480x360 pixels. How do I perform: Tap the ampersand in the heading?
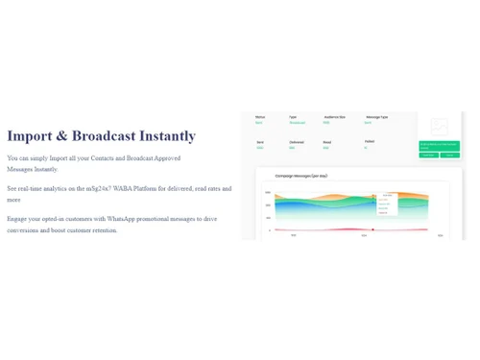pyautogui.click(x=62, y=136)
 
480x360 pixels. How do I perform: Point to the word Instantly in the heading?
pyautogui.click(x=169, y=136)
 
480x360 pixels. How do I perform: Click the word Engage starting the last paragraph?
pyautogui.click(x=17, y=219)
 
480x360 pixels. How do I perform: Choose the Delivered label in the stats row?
pyautogui.click(x=296, y=142)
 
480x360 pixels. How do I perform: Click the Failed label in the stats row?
pyautogui.click(x=370, y=142)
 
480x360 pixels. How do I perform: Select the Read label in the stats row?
pyautogui.click(x=326, y=142)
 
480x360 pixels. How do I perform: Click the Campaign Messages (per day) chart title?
pyautogui.click(x=301, y=176)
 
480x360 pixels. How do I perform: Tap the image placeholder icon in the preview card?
pyautogui.click(x=439, y=126)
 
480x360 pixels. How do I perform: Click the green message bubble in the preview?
pyautogui.click(x=440, y=149)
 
